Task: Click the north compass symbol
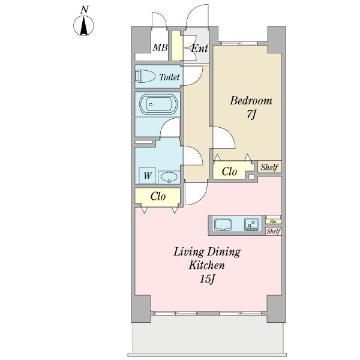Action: (x=83, y=23)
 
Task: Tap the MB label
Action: (x=160, y=47)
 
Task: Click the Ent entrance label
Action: (x=199, y=48)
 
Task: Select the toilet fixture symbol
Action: (x=145, y=76)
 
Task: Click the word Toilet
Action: (x=169, y=77)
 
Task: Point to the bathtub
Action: (x=158, y=104)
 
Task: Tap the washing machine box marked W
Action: (x=147, y=176)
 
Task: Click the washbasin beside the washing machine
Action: (x=169, y=177)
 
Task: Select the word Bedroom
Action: (x=251, y=101)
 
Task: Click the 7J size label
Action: (x=251, y=115)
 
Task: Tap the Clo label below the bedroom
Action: (x=229, y=171)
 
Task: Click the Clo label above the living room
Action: (x=158, y=196)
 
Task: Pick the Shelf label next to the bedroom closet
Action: (x=269, y=167)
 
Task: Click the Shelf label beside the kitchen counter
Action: (x=274, y=231)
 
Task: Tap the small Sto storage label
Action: (x=273, y=221)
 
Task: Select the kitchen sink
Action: (x=223, y=224)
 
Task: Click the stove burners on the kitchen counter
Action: (x=251, y=224)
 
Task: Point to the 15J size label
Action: (x=207, y=279)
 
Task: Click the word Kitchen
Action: (x=207, y=265)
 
